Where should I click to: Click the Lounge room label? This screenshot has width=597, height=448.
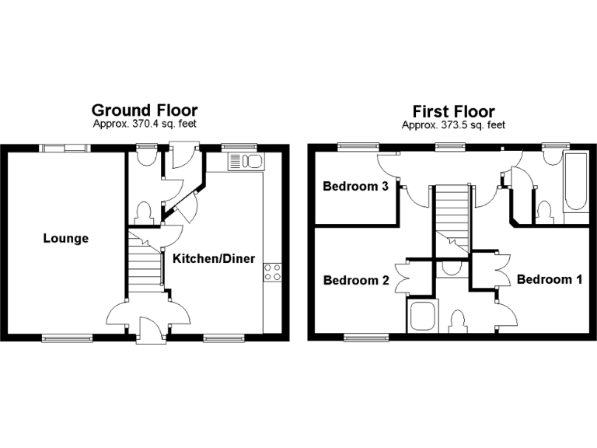[x=65, y=239]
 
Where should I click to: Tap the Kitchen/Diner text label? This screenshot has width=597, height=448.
[x=214, y=258]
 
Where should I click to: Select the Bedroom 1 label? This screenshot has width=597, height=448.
[x=550, y=279]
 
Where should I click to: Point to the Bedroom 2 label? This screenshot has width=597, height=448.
[x=356, y=280]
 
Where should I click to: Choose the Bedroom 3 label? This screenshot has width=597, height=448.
[x=356, y=187]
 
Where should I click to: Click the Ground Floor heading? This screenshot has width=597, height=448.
[x=145, y=110]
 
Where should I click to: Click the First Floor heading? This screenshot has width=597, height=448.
[x=453, y=111]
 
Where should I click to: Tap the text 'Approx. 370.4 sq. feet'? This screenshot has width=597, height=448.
[x=145, y=124]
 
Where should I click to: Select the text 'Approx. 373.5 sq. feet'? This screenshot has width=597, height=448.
[x=453, y=124]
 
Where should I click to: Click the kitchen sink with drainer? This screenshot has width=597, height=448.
[x=246, y=162]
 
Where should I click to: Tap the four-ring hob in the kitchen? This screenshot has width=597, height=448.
[x=273, y=271]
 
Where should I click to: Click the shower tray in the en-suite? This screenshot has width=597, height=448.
[x=421, y=317]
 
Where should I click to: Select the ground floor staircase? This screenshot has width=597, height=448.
[x=144, y=265]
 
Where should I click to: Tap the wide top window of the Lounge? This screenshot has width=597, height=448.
[x=64, y=147]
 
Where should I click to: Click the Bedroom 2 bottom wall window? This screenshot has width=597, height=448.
[x=366, y=338]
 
